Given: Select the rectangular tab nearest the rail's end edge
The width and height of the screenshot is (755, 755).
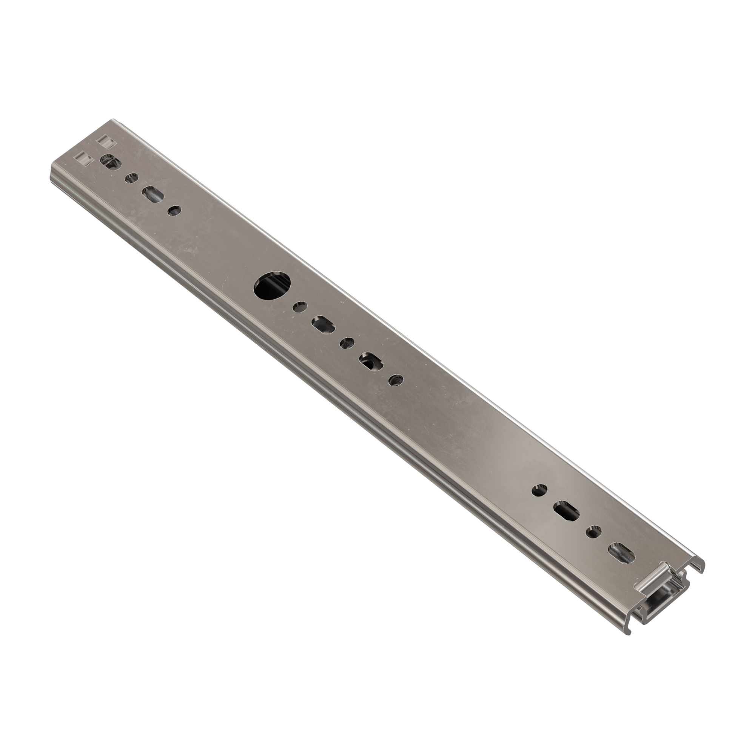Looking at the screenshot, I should [x=83, y=157].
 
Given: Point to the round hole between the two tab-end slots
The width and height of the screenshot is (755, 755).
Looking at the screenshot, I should [x=131, y=178].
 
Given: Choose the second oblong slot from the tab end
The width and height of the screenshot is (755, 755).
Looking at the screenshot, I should [x=153, y=194].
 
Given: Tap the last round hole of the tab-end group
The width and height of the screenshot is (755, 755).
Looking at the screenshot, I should [x=174, y=210].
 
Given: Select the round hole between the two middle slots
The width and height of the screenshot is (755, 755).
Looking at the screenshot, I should [x=347, y=343].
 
